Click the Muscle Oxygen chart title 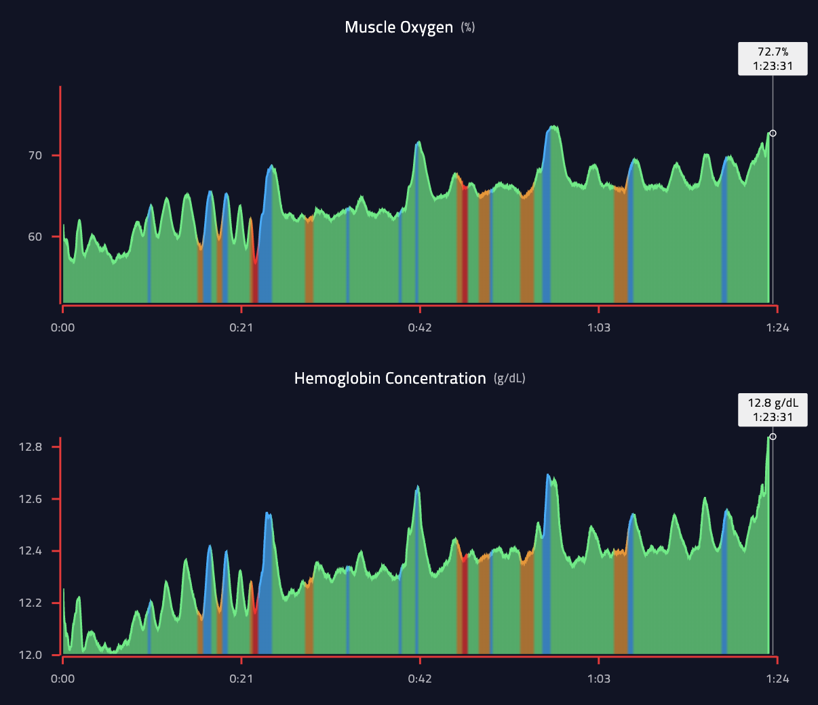tap(399, 27)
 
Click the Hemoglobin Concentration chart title tap(390, 378)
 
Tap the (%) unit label tap(468, 27)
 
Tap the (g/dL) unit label tap(509, 378)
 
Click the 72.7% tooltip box tap(773, 59)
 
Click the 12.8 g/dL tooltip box tap(773, 410)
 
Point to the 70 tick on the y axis tap(35, 155)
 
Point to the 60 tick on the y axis tap(35, 237)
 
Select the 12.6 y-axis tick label tap(31, 499)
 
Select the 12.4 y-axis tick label tap(31, 551)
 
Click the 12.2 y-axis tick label tap(31, 603)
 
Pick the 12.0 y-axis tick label tap(31, 656)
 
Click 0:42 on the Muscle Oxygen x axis tap(420, 327)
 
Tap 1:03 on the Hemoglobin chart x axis tap(598, 679)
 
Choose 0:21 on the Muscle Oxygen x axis tap(241, 327)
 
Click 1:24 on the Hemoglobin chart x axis tap(777, 679)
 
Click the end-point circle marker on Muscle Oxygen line tap(773, 134)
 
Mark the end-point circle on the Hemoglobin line tap(773, 437)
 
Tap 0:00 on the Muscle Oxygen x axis tap(63, 327)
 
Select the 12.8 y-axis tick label tap(31, 447)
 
